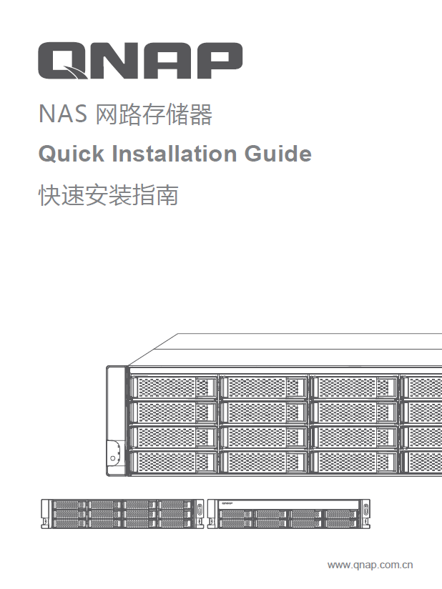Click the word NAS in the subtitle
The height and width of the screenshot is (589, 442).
point(62,115)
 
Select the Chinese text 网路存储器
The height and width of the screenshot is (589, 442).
point(154,115)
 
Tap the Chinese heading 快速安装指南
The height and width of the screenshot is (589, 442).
point(107,195)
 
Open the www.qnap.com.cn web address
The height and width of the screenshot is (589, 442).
point(370,565)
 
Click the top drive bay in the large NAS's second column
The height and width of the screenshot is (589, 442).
point(263,387)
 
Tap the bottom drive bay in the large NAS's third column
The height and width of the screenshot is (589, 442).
point(353,461)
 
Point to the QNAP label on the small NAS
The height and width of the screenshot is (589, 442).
point(228,504)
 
